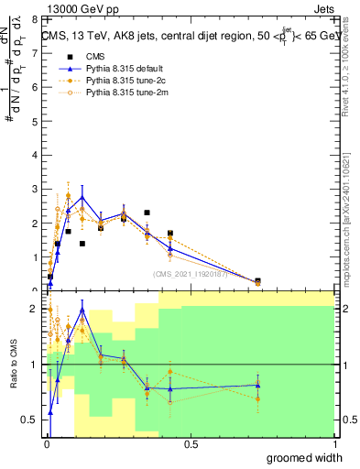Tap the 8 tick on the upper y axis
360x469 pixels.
[36, 18]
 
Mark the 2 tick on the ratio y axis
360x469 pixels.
[36, 310]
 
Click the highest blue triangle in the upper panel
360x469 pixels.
[82, 197]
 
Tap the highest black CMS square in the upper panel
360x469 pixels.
[147, 213]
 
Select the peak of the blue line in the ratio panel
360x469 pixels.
[82, 310]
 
